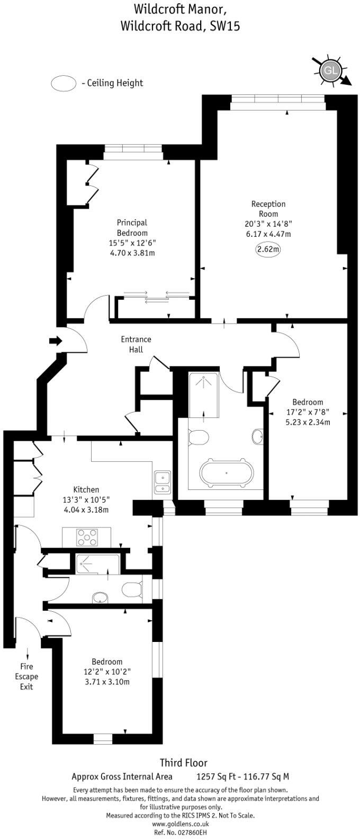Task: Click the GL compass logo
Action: coord(330,70)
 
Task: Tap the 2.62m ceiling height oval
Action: coord(268,249)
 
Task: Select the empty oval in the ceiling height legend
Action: coord(63,83)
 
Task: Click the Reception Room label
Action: coord(268,209)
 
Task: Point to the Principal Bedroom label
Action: coord(132,228)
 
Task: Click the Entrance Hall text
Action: coord(136,344)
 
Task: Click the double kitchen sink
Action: coord(162,483)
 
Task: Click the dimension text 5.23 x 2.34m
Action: coord(308,422)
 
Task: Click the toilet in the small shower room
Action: coord(130,588)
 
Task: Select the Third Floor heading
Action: coord(183,763)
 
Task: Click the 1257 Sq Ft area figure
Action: coord(214,777)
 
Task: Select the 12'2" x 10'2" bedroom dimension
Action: coord(107,672)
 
